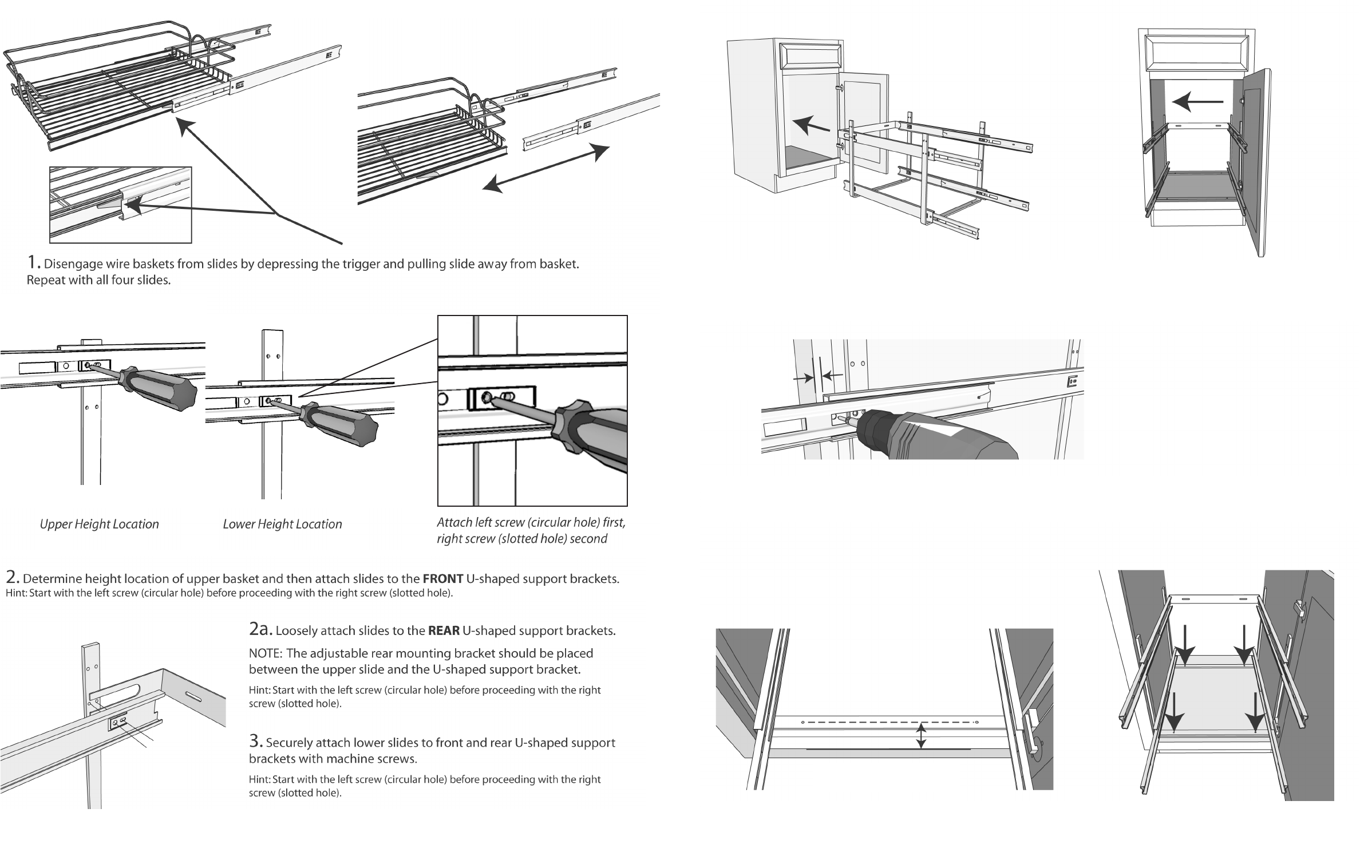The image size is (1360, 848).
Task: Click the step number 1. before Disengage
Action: pyautogui.click(x=34, y=263)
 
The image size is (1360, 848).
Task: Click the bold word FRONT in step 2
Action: pyautogui.click(x=442, y=578)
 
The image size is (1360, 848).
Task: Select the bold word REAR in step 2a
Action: pyautogui.click(x=444, y=631)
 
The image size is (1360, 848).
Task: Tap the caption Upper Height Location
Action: pyautogui.click(x=99, y=524)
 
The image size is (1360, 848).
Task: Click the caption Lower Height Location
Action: pyautogui.click(x=282, y=524)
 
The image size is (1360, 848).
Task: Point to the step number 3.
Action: pyautogui.click(x=255, y=742)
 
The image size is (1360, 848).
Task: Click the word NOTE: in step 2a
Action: pyautogui.click(x=266, y=653)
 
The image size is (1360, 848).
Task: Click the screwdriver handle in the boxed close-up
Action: pyautogui.click(x=595, y=435)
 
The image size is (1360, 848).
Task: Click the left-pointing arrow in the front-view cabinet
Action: pyautogui.click(x=1197, y=102)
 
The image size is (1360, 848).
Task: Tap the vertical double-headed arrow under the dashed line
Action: pyautogui.click(x=921, y=736)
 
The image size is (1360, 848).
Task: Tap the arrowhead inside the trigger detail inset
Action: pyautogui.click(x=134, y=205)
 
